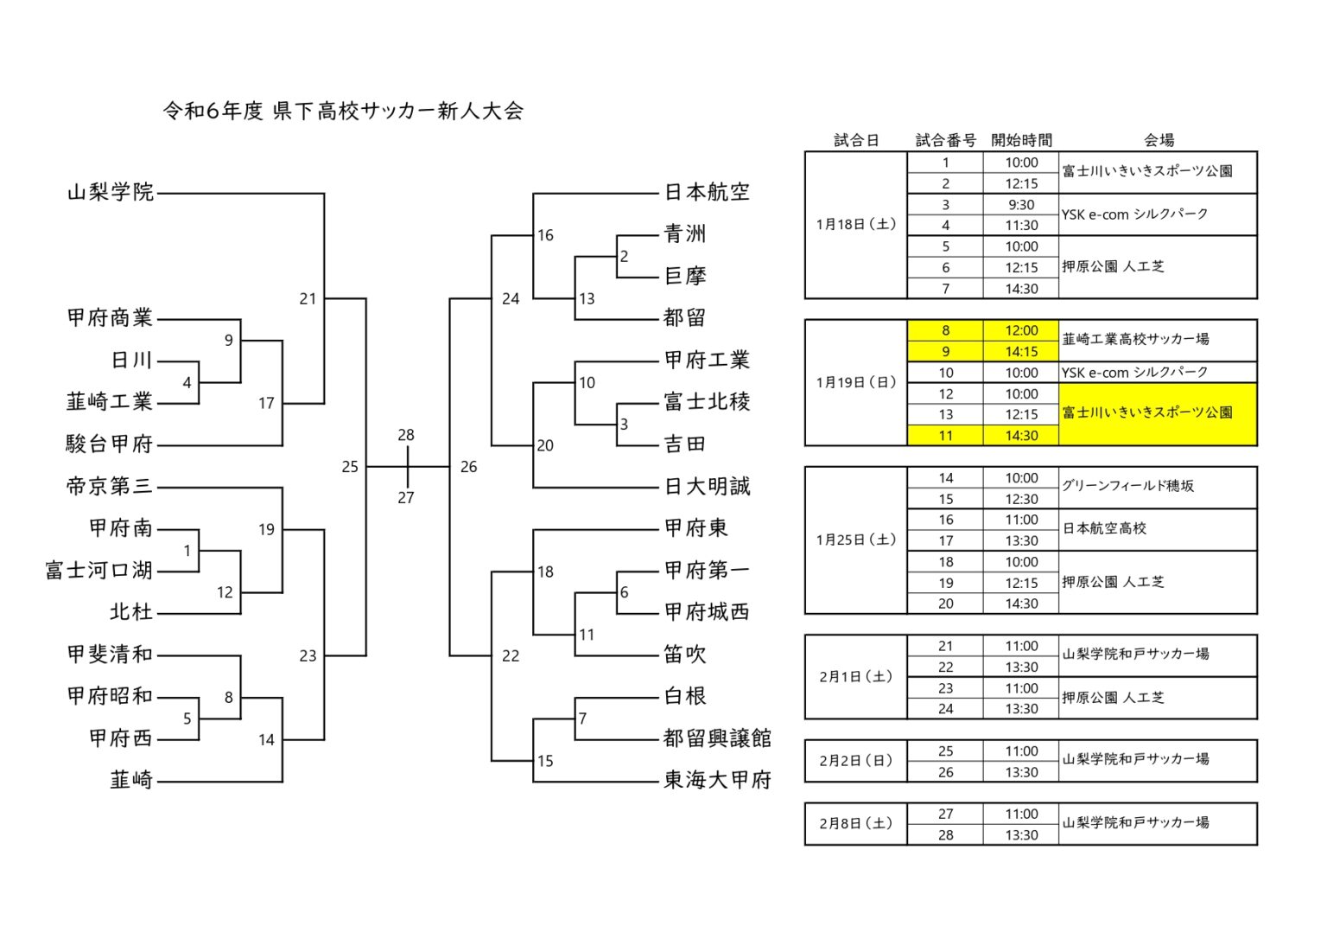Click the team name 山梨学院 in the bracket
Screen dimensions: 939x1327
pos(111,192)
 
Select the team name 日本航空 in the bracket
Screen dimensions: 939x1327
pos(707,192)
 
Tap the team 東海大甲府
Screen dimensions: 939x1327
pos(717,780)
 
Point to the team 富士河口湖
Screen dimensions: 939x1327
pos(99,571)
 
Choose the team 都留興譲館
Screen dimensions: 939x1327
pos(717,738)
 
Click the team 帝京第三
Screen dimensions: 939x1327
pos(110,486)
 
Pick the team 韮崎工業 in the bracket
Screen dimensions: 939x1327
pos(110,402)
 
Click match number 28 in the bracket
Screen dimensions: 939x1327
pos(406,435)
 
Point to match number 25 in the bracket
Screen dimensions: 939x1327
pos(350,467)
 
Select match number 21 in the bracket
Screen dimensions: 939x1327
pos(308,299)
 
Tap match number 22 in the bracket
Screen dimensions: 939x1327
pos(511,656)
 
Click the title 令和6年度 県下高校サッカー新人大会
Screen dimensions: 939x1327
pos(343,111)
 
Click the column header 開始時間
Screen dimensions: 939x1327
pos(1021,140)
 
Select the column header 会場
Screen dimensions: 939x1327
pos(1159,140)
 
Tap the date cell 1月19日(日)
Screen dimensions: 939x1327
pos(856,382)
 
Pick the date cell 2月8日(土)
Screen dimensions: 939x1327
pos(856,823)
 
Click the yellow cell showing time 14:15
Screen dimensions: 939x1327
pos(1021,352)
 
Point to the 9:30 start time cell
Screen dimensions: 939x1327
pos(1021,205)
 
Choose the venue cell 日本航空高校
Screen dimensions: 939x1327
pos(1105,528)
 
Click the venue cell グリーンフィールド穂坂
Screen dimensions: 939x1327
pos(1127,486)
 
